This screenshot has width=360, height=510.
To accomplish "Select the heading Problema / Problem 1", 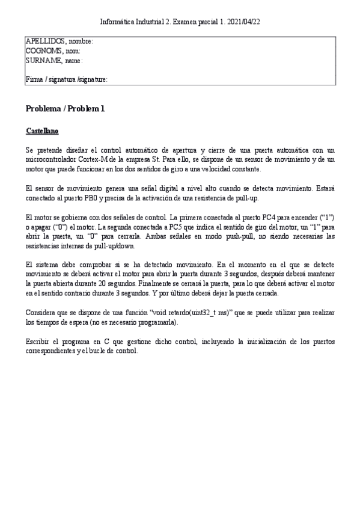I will [x=65, y=109].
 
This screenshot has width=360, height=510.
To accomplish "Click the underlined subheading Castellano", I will [x=42, y=131].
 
